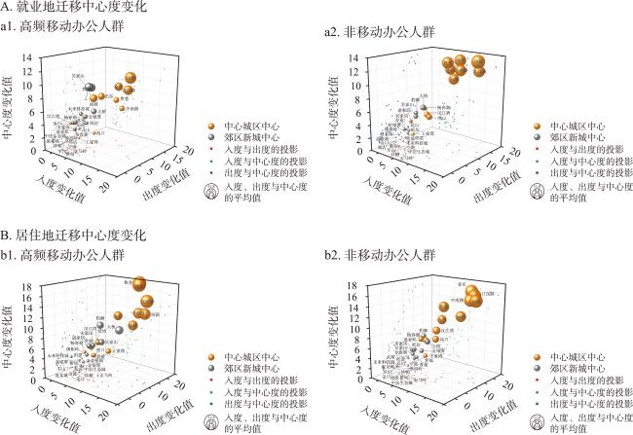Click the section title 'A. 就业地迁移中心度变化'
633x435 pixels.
(x=74, y=8)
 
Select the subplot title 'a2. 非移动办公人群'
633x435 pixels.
(x=380, y=33)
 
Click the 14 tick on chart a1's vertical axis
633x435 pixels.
(x=35, y=56)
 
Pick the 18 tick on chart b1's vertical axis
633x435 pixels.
(x=35, y=281)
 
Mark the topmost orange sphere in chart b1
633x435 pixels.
(x=139, y=284)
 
